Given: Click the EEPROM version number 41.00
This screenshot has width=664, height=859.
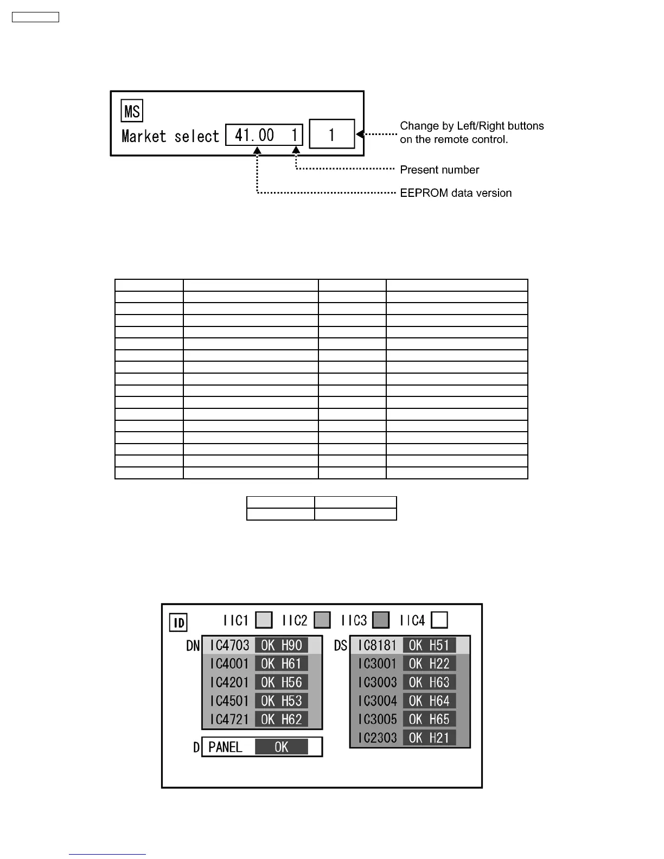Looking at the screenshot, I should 254,135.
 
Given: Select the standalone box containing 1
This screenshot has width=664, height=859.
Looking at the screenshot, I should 331,134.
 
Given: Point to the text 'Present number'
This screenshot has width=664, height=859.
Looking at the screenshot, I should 439,170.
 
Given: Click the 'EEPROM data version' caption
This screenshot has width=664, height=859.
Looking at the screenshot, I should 456,193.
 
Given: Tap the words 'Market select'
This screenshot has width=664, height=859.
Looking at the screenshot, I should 170,136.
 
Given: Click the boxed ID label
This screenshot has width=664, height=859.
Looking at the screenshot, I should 178,622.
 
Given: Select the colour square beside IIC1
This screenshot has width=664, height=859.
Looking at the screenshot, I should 264,620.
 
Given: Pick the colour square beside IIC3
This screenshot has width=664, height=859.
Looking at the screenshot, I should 381,620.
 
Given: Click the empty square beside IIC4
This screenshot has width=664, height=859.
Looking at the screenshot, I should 439,620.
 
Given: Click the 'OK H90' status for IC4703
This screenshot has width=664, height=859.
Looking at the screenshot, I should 282,645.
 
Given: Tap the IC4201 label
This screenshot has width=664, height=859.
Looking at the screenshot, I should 229,682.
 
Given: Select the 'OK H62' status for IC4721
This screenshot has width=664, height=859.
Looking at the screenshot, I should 282,720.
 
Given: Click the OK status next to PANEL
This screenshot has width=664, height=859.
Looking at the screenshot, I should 282,747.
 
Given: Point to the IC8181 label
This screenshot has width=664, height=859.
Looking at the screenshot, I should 377,645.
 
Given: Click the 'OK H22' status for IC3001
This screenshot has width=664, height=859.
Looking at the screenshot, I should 429,664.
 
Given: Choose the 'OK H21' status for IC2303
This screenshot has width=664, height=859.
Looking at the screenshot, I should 429,738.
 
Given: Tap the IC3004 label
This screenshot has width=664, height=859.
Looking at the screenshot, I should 377,701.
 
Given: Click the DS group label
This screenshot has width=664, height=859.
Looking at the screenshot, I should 341,646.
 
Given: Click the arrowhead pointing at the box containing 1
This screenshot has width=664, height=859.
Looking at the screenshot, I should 360,134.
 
